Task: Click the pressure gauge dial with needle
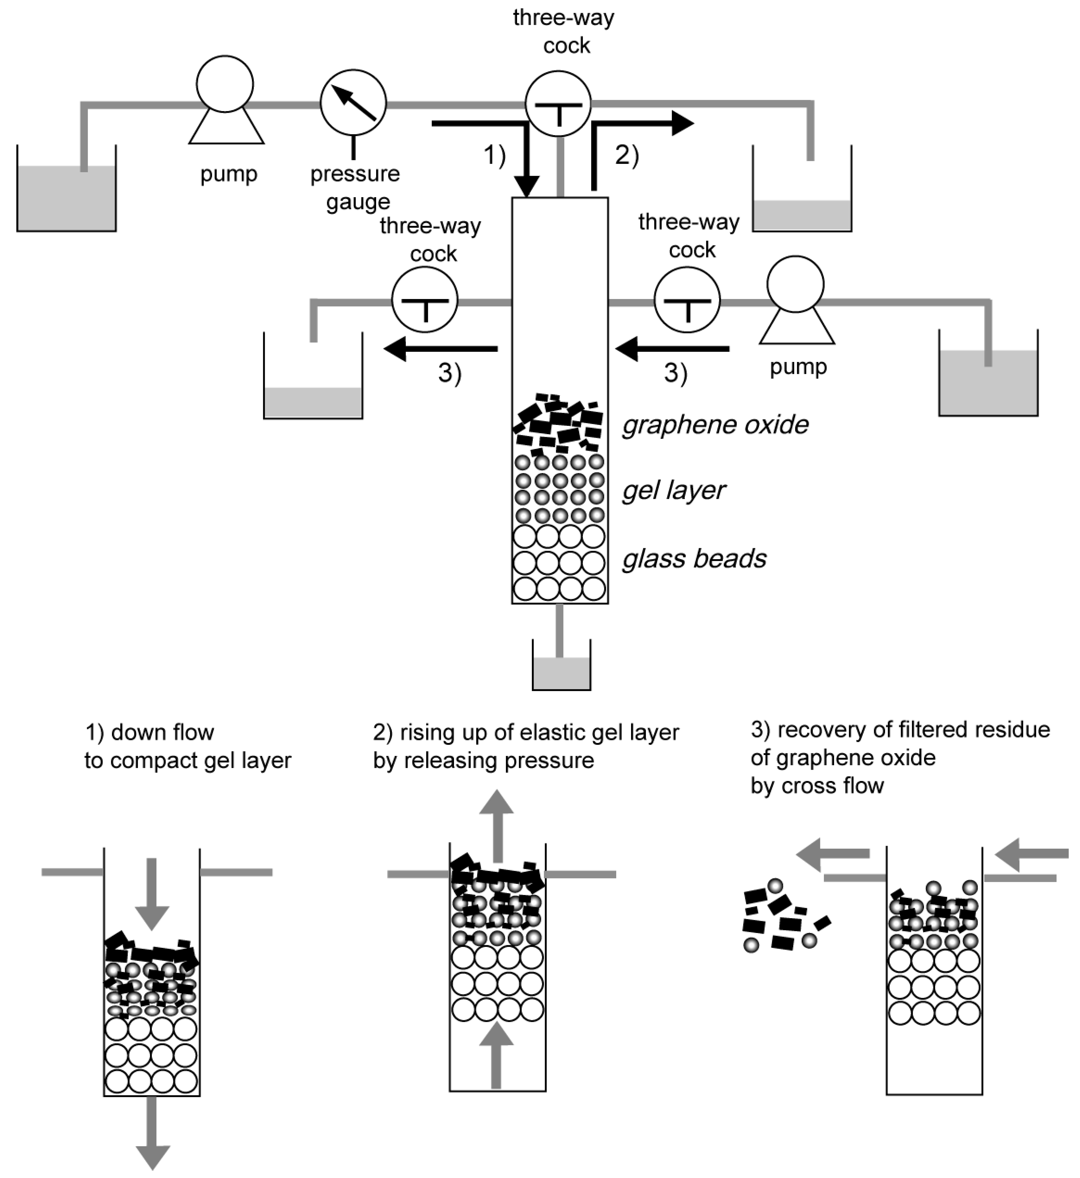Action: [x=353, y=103]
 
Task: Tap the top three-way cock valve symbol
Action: [x=558, y=104]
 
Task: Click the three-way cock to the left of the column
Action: [x=425, y=300]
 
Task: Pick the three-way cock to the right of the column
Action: [x=687, y=300]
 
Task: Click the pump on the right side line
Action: [x=796, y=285]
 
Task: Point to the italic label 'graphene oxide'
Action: [x=715, y=425]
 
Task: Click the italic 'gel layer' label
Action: [x=674, y=491]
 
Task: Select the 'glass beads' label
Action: [x=694, y=559]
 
